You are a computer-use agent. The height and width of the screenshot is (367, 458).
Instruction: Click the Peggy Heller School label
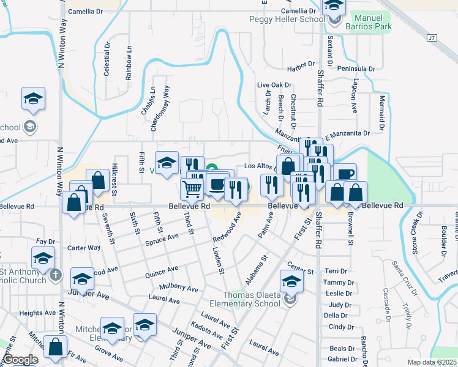point(287,20)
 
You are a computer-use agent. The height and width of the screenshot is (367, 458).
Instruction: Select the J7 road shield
point(433,38)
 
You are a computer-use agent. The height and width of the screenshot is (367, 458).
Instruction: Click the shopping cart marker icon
point(192,190)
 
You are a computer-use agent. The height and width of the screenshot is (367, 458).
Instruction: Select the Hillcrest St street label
point(114,176)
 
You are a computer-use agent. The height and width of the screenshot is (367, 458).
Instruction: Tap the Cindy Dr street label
point(337,327)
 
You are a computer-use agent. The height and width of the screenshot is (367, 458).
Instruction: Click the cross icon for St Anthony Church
point(56,275)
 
